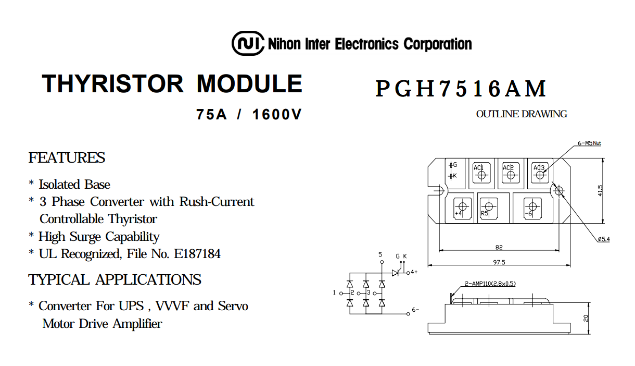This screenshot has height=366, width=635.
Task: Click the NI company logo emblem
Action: click(248, 43)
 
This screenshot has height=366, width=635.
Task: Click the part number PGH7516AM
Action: click(461, 89)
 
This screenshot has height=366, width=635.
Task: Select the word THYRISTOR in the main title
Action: click(113, 84)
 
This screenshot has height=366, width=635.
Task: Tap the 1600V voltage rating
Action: click(277, 115)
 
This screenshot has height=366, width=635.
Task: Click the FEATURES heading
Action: click(67, 157)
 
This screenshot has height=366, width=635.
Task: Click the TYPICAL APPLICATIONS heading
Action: click(115, 279)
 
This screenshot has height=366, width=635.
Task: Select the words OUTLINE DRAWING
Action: click(521, 114)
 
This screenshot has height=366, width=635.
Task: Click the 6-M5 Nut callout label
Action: click(589, 143)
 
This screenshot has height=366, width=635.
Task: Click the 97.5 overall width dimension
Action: click(499, 263)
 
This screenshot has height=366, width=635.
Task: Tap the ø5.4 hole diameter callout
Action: click(604, 239)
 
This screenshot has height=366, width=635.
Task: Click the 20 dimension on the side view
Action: click(586, 318)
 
